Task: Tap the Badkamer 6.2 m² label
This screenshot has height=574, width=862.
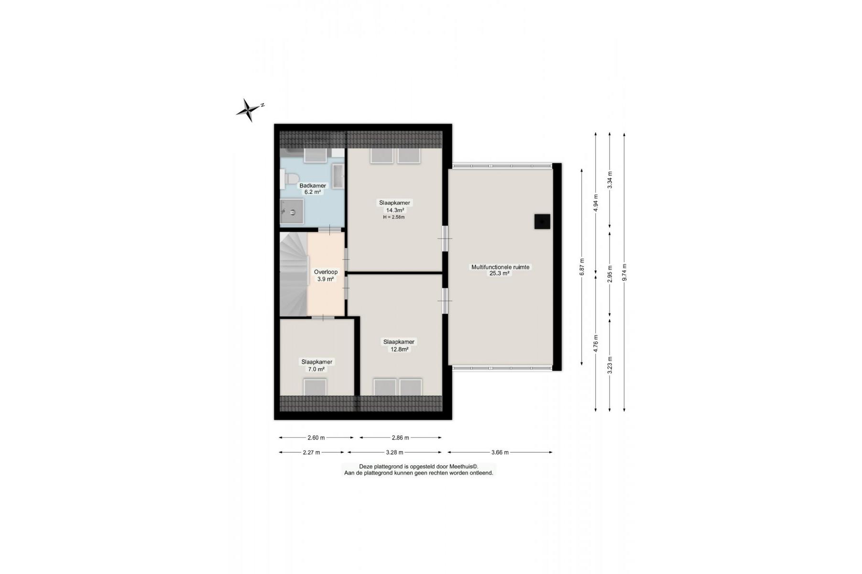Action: tap(313, 189)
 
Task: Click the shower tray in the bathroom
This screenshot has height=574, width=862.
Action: tap(292, 211)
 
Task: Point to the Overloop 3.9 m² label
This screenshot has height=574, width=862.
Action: tap(326, 276)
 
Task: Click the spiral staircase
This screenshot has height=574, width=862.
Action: tap(293, 274)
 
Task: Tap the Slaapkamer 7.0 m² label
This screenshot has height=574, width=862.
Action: tap(316, 365)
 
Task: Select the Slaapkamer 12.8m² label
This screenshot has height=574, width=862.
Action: tap(399, 345)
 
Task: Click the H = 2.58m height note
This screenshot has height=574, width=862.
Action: tap(394, 217)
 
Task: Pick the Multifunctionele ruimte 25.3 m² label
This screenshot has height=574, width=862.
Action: tap(500, 270)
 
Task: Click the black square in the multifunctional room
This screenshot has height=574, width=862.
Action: tap(542, 222)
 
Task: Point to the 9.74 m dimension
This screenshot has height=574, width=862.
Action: tap(624, 272)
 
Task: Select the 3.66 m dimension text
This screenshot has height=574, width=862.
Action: tap(500, 452)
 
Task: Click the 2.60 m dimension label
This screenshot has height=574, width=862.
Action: tap(316, 437)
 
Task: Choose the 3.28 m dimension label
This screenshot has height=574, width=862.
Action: tap(394, 452)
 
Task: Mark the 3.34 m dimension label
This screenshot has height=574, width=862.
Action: tap(610, 180)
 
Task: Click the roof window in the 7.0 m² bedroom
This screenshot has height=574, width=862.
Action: tap(315, 387)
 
